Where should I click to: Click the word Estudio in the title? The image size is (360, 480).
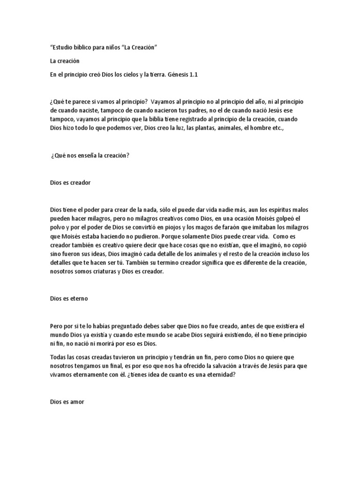coord(63,48)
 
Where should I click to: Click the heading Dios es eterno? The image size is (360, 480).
coord(68,298)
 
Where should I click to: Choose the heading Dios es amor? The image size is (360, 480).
coord(67,402)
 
